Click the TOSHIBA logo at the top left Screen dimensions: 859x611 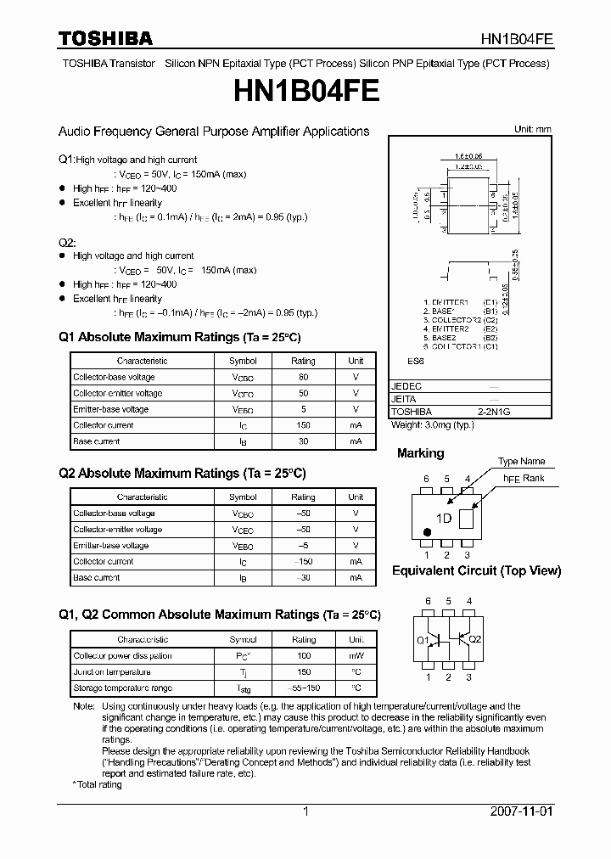pyautogui.click(x=105, y=38)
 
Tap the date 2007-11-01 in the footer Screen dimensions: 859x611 pyautogui.click(x=521, y=811)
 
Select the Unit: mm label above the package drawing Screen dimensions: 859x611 pyautogui.click(x=532, y=129)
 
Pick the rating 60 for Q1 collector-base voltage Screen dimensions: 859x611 pyautogui.click(x=303, y=377)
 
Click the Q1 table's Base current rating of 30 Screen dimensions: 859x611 pyautogui.click(x=303, y=441)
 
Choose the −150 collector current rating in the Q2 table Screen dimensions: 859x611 pyautogui.click(x=303, y=562)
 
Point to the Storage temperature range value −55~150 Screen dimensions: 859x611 pyautogui.click(x=303, y=688)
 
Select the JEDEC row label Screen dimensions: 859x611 pyautogui.click(x=406, y=386)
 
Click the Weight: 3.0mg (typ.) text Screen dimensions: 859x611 pyautogui.click(x=432, y=424)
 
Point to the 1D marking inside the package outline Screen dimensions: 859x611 pyautogui.click(x=443, y=519)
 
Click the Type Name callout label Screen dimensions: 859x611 pyautogui.click(x=521, y=461)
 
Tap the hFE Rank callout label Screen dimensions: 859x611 pyautogui.click(x=524, y=478)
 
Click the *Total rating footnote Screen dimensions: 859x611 pyautogui.click(x=98, y=784)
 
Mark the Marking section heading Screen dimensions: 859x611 pyautogui.click(x=420, y=453)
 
